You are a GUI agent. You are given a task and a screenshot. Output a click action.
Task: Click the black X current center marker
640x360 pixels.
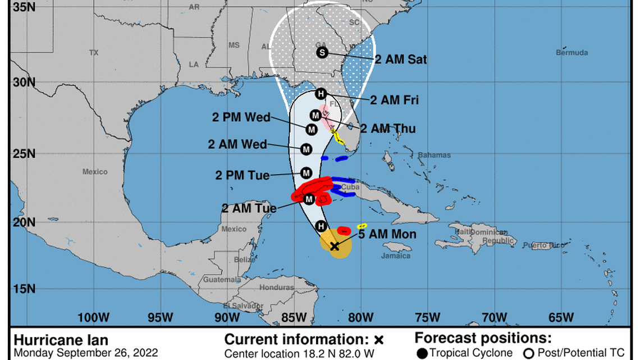pos(335,246)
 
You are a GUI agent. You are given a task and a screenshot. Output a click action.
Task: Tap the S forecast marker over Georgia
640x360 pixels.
pos(322,52)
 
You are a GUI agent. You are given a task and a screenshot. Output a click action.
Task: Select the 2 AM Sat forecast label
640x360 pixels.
pos(400,59)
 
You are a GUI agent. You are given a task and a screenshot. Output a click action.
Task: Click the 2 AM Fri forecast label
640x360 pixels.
pos(394,100)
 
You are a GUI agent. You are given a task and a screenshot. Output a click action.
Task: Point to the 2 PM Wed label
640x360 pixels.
pos(241,117)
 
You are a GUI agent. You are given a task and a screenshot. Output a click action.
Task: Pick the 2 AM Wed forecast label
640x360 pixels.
pos(237,144)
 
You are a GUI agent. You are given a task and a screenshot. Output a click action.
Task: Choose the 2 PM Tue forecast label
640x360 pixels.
pos(242,175)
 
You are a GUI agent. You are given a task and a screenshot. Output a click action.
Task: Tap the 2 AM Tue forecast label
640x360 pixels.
pos(249,208)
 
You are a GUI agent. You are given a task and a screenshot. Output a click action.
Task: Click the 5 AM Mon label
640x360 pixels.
pos(387,234)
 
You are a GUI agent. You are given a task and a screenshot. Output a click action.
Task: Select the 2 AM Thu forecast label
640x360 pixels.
pos(388,129)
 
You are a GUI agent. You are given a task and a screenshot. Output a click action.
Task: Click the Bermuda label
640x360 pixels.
pos(572,53)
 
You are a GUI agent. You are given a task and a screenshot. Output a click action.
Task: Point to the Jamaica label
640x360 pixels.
pos(396,256)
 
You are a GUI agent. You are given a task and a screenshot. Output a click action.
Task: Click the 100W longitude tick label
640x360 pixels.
pos(93,317)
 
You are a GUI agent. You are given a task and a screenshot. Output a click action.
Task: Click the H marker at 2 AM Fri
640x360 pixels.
pos(321,94)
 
